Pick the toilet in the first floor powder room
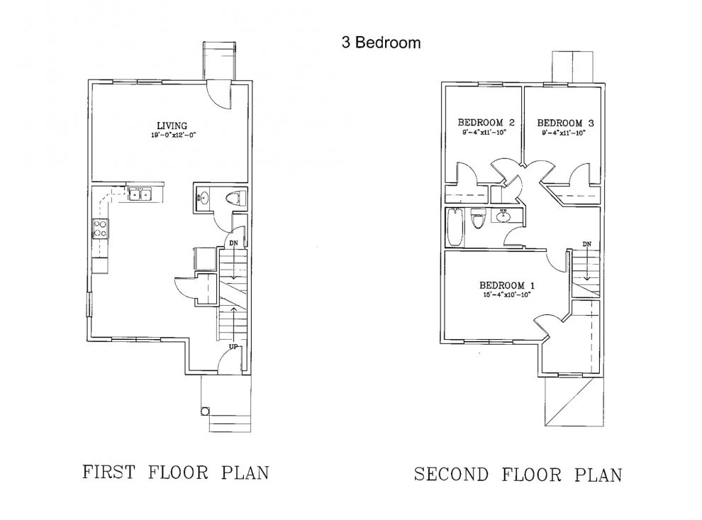[x=236, y=197]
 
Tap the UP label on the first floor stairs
[x=232, y=346]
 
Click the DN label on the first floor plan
[x=233, y=243]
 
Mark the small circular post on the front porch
[x=206, y=411]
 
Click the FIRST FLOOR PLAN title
[x=176, y=472]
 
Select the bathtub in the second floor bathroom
[x=456, y=228]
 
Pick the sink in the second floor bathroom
[x=504, y=216]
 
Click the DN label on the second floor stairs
[x=586, y=245]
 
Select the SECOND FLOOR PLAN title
[x=518, y=474]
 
